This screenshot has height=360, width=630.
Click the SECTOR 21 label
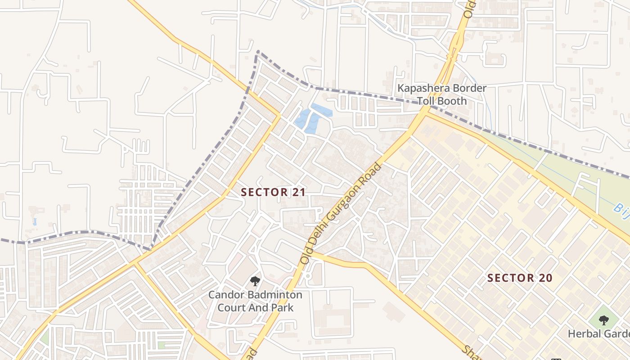(x=273, y=192)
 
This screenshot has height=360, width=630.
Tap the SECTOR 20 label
(x=520, y=278)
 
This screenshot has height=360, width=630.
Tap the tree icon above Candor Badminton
(x=255, y=282)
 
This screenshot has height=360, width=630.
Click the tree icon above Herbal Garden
(x=603, y=320)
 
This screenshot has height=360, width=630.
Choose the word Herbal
(x=584, y=334)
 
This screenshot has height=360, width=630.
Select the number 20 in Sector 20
(x=545, y=278)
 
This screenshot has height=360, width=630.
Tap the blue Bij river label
(x=621, y=207)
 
